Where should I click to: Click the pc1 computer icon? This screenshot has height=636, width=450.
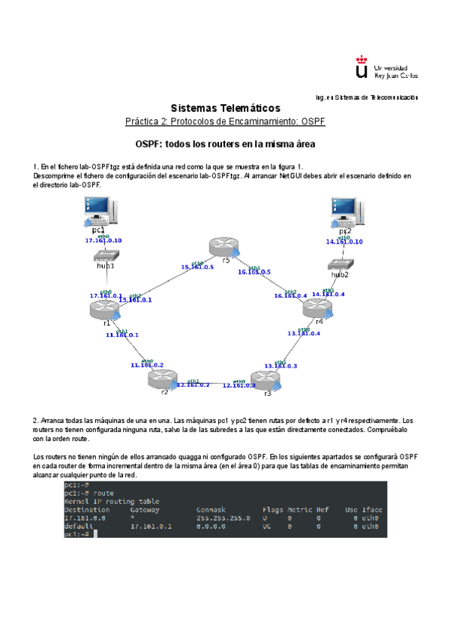(x=99, y=212)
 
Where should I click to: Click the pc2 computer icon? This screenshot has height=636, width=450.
(x=346, y=211)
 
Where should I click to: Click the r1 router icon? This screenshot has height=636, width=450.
(x=104, y=308)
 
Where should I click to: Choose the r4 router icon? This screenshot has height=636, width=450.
(x=316, y=308)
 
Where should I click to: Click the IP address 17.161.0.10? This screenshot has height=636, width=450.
(x=103, y=241)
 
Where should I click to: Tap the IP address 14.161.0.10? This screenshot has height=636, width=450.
(x=344, y=242)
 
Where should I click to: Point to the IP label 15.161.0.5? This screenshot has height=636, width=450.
(x=197, y=267)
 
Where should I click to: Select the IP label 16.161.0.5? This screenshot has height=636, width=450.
(x=254, y=272)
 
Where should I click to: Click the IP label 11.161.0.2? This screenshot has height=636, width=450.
(x=147, y=365)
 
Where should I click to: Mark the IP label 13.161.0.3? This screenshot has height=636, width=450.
(x=280, y=366)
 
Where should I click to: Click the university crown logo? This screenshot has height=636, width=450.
(x=361, y=70)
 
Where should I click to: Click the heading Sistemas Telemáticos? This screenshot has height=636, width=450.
(x=225, y=108)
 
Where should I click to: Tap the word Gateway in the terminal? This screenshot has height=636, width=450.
(x=145, y=509)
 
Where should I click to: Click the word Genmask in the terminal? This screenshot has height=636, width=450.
(x=210, y=509)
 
